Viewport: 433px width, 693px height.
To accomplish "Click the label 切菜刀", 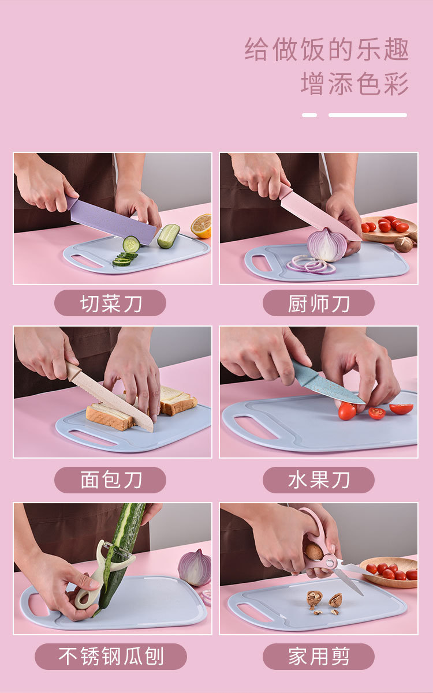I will (x=110, y=303).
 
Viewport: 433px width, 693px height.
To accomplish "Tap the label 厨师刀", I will (x=319, y=303).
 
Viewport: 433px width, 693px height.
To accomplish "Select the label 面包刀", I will (x=110, y=480).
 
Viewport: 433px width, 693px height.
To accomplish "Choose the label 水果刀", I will (x=319, y=480).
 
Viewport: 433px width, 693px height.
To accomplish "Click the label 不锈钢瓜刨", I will (x=111, y=657).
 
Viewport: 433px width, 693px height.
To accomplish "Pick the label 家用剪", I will (x=319, y=657).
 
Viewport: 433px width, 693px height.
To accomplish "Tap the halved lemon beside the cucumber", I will (x=202, y=226).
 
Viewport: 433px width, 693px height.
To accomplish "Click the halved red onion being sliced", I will (x=327, y=245).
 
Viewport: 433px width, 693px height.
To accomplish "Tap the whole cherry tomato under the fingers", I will (x=347, y=411).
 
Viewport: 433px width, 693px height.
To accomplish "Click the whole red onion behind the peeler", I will (x=195, y=567).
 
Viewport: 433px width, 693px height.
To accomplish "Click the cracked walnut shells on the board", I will (x=323, y=600).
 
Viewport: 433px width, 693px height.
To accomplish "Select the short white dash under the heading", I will (x=309, y=115).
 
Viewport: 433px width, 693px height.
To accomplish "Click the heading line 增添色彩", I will (x=354, y=84).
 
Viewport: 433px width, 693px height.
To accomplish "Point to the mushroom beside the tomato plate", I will (x=404, y=244).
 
